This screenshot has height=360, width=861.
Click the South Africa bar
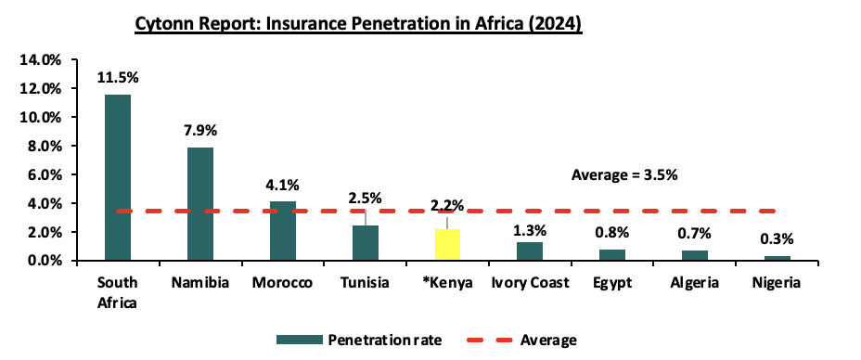[117, 178]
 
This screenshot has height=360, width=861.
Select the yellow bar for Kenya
[447, 245]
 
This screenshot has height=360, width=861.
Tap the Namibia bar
[199, 204]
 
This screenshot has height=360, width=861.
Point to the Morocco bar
[283, 231]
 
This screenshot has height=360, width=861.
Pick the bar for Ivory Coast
[530, 251]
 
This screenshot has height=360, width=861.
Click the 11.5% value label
[118, 77]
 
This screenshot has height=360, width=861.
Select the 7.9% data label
[200, 131]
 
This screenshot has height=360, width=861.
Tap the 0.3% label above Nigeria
[777, 239]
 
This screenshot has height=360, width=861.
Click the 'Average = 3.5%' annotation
[624, 175]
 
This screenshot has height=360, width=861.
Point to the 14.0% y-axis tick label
[41, 59]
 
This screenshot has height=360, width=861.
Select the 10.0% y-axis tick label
[41, 117]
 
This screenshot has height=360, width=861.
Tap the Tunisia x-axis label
[365, 283]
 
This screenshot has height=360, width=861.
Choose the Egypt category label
[612, 284]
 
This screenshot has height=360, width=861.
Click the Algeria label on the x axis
[695, 284]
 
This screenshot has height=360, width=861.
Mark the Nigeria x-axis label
[777, 284]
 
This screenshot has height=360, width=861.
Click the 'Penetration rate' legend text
[385, 341]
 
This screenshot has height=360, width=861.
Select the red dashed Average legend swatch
[489, 341]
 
